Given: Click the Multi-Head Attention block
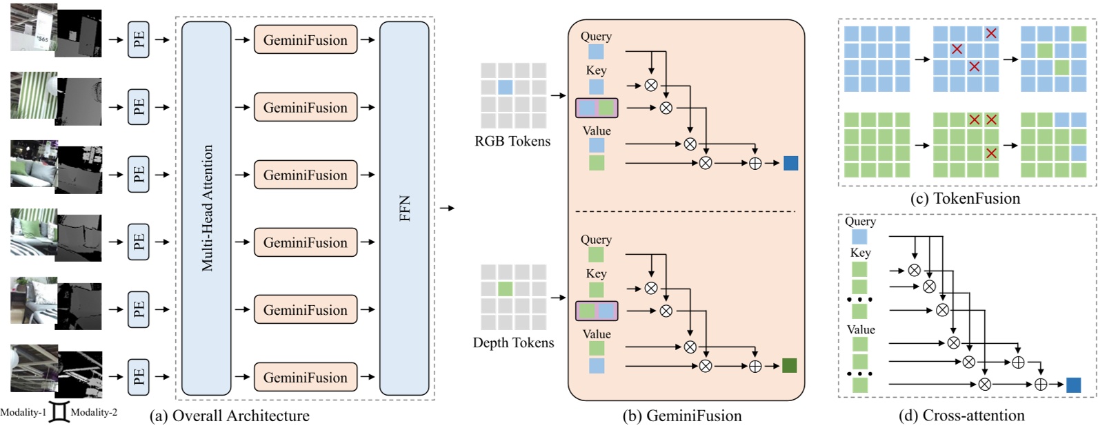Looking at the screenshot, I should (206, 208).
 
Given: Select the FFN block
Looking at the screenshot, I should (404, 208).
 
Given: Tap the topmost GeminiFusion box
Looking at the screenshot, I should (306, 40).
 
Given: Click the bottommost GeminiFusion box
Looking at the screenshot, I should (306, 378).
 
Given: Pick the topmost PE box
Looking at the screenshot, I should (139, 40).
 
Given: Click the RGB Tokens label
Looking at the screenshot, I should (512, 142).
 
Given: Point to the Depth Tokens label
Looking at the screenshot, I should (513, 343).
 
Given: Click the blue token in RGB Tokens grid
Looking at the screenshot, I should (506, 88).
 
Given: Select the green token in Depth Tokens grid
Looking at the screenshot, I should (506, 289).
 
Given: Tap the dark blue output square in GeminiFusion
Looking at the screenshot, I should (790, 163).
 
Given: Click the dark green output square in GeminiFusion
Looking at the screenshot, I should (790, 365).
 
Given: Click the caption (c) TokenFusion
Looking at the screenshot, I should (965, 199).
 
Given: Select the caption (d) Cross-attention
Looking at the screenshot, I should (961, 416).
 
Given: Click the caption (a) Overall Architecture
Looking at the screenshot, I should (230, 416).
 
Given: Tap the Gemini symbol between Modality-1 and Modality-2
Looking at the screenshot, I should (59, 412).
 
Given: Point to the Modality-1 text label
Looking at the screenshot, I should (23, 412).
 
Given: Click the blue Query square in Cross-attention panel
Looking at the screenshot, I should (859, 237).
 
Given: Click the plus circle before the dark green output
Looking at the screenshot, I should (755, 366).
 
